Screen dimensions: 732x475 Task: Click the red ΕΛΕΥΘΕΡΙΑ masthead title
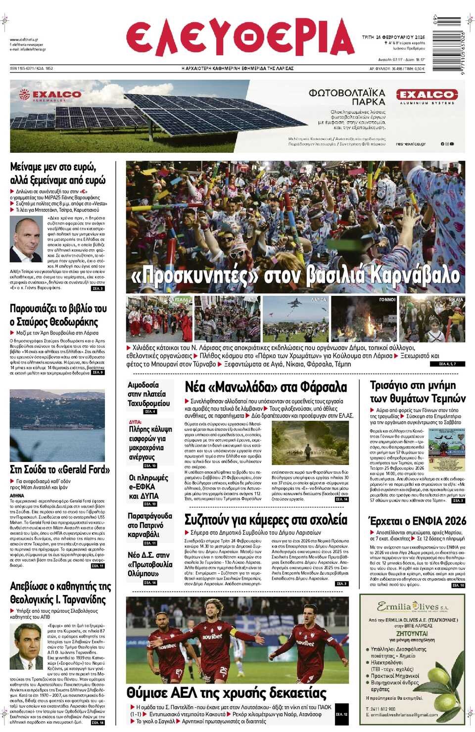[240, 39]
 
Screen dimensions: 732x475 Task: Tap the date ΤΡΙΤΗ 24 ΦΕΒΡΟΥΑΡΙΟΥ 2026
[393, 37]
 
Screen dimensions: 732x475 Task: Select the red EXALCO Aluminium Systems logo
[426, 95]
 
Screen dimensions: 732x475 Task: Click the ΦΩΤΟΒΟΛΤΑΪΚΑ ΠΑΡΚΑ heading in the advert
[346, 97]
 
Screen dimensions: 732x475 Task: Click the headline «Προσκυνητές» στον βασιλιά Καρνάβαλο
[295, 275]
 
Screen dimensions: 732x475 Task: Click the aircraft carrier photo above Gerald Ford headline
[57, 425]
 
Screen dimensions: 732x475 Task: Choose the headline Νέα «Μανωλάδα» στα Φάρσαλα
[266, 387]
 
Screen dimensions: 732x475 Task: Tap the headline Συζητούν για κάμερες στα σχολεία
[266, 519]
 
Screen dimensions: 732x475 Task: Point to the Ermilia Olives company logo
[413, 606]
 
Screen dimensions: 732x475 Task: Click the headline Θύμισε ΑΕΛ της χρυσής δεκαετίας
[227, 692]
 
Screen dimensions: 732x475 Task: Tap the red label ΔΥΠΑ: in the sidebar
[136, 422]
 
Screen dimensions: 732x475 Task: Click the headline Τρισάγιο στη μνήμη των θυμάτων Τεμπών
[418, 391]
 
